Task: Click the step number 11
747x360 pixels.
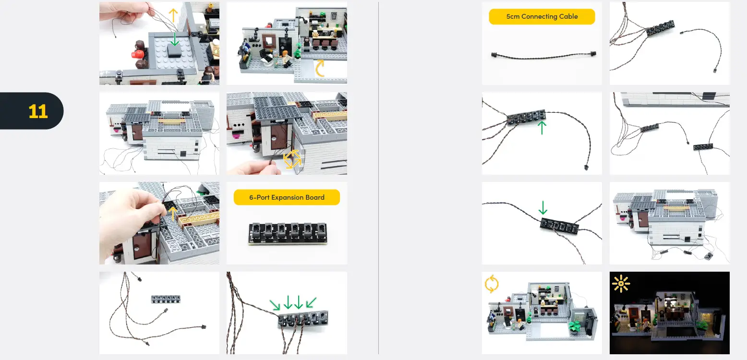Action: coord(38,111)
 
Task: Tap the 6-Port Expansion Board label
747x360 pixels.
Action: coord(287,197)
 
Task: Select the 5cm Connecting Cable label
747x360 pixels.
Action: coord(542,16)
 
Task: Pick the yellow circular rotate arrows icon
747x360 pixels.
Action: coord(492,284)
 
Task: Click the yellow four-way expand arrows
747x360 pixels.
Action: coord(292,159)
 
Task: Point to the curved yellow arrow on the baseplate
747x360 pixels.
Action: coord(320,69)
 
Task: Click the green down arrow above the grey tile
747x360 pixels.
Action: coord(174,39)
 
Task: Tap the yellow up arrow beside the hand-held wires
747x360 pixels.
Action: coord(173,16)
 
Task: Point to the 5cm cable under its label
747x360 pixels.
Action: coord(542,55)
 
